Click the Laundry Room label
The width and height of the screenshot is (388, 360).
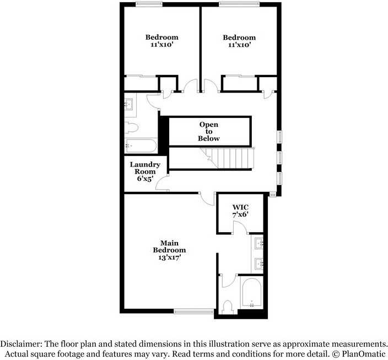pyautogui.click(x=145, y=171)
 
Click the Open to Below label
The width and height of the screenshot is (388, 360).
pyautogui.click(x=209, y=132)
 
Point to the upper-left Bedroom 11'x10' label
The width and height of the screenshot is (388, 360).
pyautogui.click(x=161, y=41)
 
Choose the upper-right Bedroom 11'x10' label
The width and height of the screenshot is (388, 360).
pyautogui.click(x=239, y=41)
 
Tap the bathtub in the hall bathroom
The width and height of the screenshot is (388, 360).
pyautogui.click(x=141, y=146)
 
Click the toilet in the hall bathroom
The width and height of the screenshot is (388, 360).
pyautogui.click(x=131, y=128)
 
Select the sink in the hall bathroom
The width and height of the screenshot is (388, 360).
pyautogui.click(x=130, y=104)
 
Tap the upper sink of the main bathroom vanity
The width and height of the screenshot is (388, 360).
pyautogui.click(x=259, y=244)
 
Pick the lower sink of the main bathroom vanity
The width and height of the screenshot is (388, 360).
pyautogui.click(x=259, y=264)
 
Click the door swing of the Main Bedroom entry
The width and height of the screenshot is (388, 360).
pyautogui.click(x=206, y=198)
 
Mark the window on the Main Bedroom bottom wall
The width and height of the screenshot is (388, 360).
pyautogui.click(x=194, y=311)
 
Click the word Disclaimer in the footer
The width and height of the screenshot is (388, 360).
pyautogui.click(x=21, y=342)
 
